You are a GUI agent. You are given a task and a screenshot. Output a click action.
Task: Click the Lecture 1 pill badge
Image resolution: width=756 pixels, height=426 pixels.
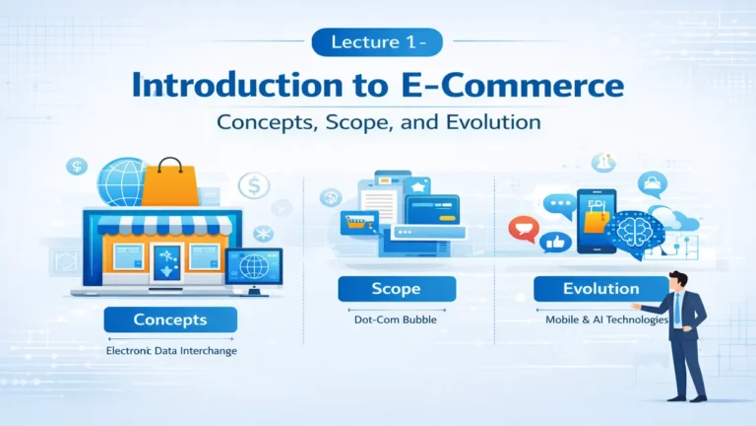pos(377,42)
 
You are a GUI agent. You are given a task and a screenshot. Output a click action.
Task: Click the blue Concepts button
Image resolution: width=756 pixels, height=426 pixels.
pos(170,319)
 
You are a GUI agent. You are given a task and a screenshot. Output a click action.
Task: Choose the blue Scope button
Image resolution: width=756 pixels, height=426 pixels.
pos(396,289)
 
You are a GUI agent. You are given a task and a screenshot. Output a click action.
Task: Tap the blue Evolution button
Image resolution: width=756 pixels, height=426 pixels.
pos(600,289)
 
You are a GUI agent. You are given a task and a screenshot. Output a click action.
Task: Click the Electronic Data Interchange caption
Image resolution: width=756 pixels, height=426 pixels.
pos(170,350)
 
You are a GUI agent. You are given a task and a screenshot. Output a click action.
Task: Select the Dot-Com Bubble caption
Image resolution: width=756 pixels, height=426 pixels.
pos(396,319)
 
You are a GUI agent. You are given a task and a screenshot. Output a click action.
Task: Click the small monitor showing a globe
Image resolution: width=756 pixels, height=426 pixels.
pos(253,265)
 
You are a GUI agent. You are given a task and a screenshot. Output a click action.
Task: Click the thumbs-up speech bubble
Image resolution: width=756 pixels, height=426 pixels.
pos(557,243)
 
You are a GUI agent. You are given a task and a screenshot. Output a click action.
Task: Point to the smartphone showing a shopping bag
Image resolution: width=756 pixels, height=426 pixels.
pos(597,222)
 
